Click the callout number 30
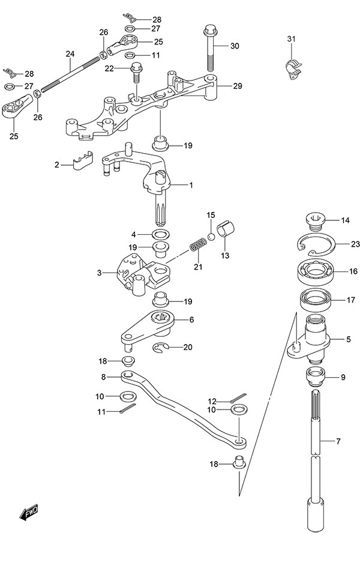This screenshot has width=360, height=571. point(234,46)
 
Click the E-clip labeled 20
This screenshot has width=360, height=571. point(160,346)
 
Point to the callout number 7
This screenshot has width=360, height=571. point(338,442)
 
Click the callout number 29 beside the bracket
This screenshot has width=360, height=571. point(238,86)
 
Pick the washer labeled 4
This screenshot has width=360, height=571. point(160,233)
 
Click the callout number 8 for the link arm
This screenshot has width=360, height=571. point(103,377)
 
